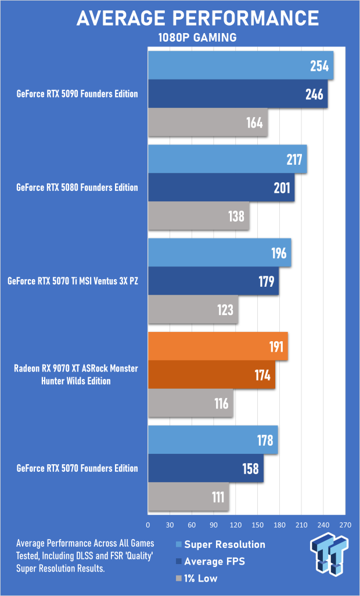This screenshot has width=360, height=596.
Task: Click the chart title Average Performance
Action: (198, 18)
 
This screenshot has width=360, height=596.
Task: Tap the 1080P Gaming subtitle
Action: (197, 38)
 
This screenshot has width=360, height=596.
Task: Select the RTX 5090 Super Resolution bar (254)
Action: (240, 66)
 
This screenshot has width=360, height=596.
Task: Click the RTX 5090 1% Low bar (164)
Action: (208, 122)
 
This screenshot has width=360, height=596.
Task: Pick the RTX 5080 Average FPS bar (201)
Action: (221, 187)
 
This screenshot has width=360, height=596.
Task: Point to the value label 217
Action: (294, 160)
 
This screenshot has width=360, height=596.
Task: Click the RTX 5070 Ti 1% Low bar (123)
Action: (193, 309)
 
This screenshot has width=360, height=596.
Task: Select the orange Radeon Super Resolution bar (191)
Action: (218, 346)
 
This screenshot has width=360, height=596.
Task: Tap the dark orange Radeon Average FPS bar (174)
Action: (211, 375)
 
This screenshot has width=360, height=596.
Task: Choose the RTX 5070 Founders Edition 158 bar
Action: (206, 468)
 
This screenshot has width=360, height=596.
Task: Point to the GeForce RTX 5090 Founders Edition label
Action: (77, 94)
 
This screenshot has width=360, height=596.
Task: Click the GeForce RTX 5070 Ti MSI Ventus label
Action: (73, 281)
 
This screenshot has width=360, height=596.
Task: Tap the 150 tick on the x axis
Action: (257, 525)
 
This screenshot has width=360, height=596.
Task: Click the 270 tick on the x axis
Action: (345, 525)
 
